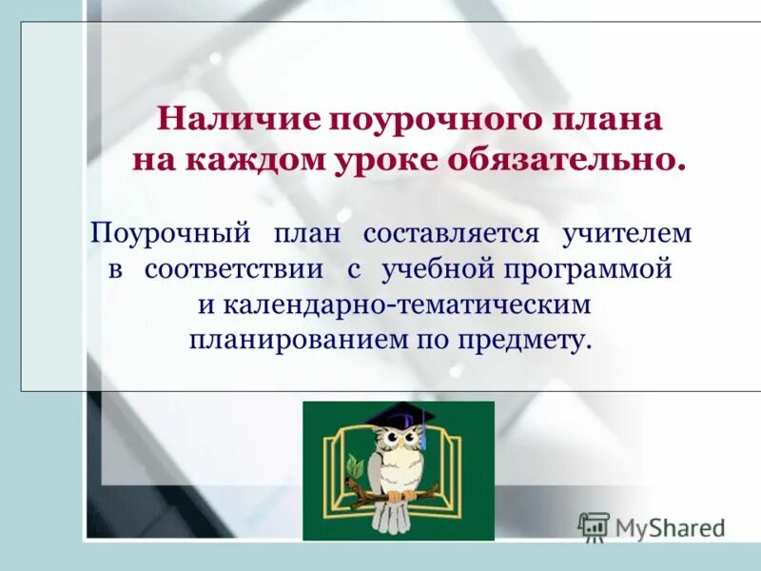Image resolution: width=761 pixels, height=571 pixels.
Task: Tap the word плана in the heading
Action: pos(613,121)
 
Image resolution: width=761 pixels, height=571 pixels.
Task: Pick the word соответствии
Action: pos(234,270)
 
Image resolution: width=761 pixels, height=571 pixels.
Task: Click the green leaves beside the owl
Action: pos(355,467)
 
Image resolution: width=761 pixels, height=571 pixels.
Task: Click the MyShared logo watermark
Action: pos(653,526)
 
